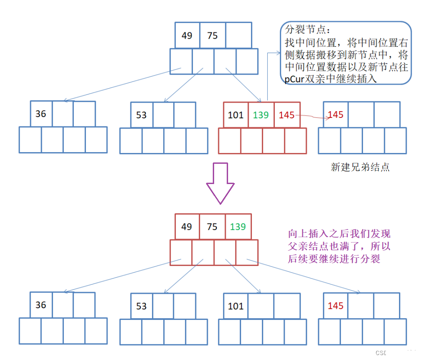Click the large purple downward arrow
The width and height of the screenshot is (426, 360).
pyautogui.click(x=220, y=182)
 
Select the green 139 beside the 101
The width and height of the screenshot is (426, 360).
pyautogui.click(x=260, y=115)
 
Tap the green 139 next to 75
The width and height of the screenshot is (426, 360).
pyautogui.click(x=238, y=226)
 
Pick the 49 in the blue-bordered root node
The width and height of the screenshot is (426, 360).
pyautogui.click(x=187, y=35)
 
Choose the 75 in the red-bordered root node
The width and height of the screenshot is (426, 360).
pyautogui.click(x=212, y=226)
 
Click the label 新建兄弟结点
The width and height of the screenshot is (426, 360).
pyautogui.click(x=360, y=167)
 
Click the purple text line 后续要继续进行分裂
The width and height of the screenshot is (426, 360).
pyautogui.click(x=334, y=259)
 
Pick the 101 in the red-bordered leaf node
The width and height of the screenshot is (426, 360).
pyautogui.click(x=235, y=115)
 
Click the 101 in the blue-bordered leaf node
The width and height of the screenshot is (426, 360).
pyautogui.click(x=235, y=306)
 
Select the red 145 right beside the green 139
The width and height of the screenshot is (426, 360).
pyautogui.click(x=287, y=115)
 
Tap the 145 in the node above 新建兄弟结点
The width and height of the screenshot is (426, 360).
pyautogui.click(x=336, y=114)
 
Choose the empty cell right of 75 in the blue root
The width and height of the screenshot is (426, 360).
pyautogui.click(x=238, y=35)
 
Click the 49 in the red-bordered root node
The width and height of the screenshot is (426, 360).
pyautogui.click(x=186, y=226)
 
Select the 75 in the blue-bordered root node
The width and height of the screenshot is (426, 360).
pyautogui.click(x=212, y=35)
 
